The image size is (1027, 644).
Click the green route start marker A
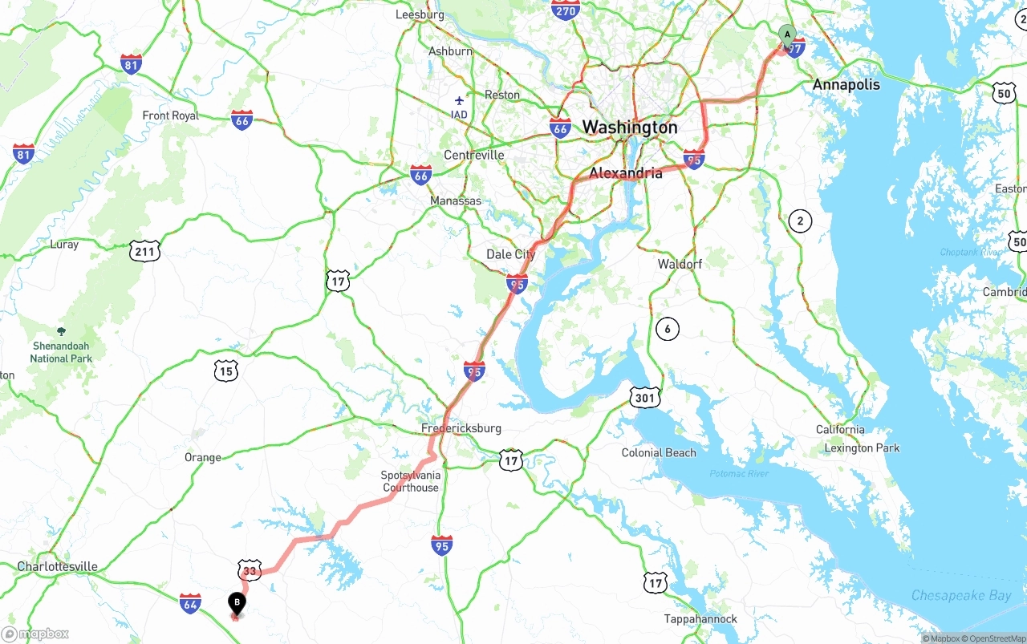tap(787, 34)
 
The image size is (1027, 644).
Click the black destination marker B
tap(237, 602)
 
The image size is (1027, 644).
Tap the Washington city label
tap(629, 128)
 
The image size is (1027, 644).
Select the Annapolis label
tap(846, 85)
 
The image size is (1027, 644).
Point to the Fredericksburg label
tap(461, 428)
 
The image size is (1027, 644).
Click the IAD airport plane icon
tap(459, 101)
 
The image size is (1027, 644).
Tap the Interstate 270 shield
tap(566, 10)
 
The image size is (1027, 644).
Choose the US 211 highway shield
tap(144, 251)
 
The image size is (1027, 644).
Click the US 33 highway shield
tap(250, 570)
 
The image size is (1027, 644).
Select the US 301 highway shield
tap(646, 396)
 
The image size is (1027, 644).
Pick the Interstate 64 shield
tap(190, 603)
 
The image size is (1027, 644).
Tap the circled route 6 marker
tap(667, 328)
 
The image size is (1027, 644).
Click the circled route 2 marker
tap(799, 221)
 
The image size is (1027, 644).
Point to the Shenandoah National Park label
tap(61, 352)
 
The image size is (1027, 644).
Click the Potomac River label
tap(739, 474)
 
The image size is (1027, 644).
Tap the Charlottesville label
tap(58, 566)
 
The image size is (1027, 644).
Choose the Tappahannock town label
tap(700, 619)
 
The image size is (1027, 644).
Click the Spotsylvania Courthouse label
tap(411, 481)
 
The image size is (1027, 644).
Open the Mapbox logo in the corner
tap(35, 634)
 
